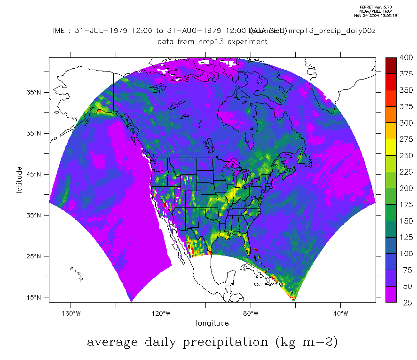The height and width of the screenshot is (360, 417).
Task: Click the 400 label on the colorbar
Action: (405, 58)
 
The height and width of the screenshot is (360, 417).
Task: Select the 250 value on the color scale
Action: (405, 156)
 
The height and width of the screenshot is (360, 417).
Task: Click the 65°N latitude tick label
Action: (35, 92)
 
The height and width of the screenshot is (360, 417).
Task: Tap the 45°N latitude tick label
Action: (35, 174)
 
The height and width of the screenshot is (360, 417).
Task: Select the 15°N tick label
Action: (35, 297)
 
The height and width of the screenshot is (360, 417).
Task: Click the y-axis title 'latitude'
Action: (19, 179)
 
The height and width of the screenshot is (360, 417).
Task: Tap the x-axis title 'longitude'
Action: (212, 323)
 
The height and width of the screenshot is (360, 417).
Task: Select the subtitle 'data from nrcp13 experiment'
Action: (212, 41)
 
